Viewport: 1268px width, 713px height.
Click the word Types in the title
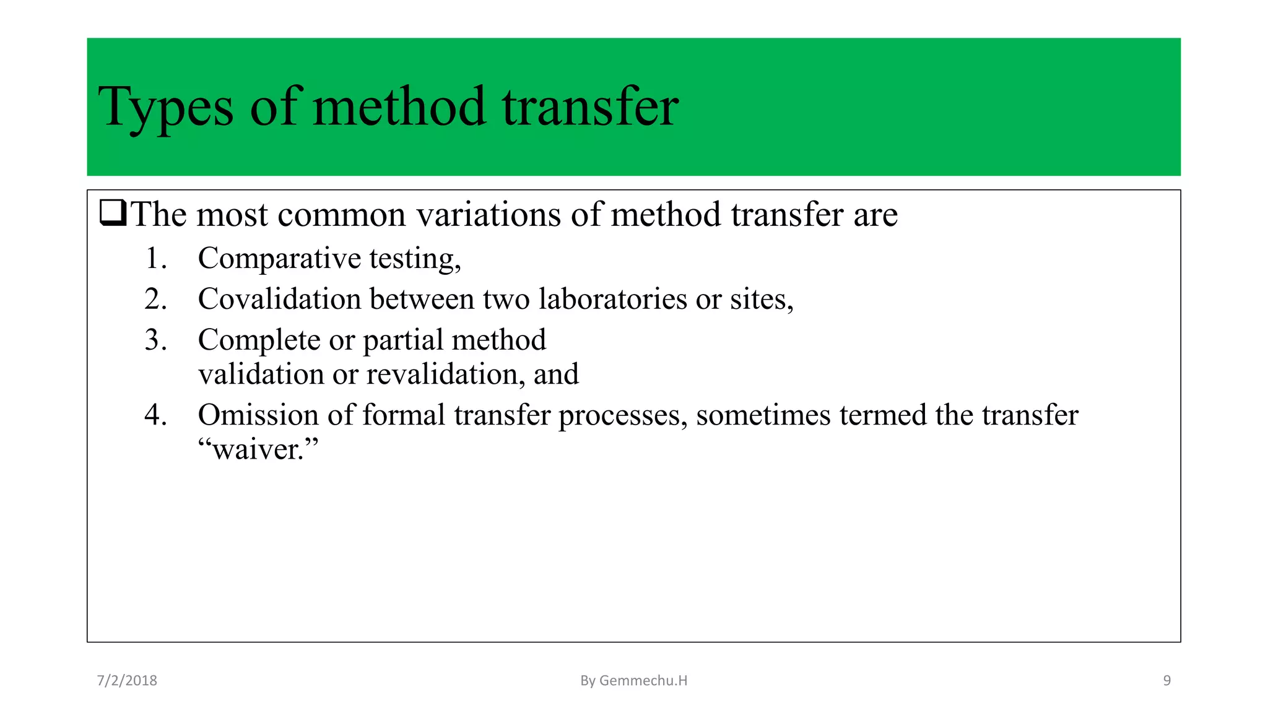pyautogui.click(x=165, y=108)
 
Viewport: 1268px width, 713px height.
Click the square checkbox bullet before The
pyautogui.click(x=113, y=214)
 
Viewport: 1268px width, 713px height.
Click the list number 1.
pyautogui.click(x=155, y=258)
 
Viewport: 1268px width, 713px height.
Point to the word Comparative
pyautogui.click(x=279, y=258)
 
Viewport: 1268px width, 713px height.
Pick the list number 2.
pyautogui.click(x=155, y=299)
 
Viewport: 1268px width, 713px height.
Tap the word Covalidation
pyautogui.click(x=279, y=299)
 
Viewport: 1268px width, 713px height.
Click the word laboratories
pyautogui.click(x=612, y=299)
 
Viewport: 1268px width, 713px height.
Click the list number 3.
pyautogui.click(x=155, y=340)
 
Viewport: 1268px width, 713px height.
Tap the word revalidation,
pyautogui.click(x=445, y=374)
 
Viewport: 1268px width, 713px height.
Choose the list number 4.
pyautogui.click(x=155, y=415)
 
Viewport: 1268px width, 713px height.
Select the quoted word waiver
pyautogui.click(x=258, y=449)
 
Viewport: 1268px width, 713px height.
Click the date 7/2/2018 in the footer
pyautogui.click(x=127, y=681)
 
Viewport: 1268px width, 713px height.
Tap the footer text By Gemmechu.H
pyautogui.click(x=633, y=681)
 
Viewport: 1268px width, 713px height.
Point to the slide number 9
pyautogui.click(x=1166, y=681)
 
